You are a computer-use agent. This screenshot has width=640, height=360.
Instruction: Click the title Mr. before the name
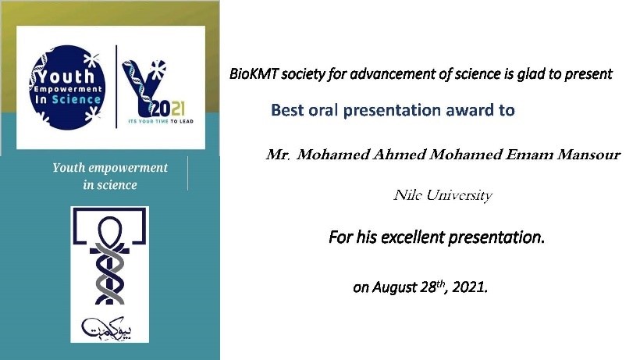pos(278,155)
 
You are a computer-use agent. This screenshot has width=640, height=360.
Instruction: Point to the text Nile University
pos(443,195)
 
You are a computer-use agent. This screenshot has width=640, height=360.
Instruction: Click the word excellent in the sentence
pos(412,237)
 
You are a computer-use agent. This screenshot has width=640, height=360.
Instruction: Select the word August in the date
pos(393,287)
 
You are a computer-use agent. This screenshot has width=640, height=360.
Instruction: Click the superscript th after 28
pos(441,283)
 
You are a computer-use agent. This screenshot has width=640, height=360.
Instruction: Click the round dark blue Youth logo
pos(68,87)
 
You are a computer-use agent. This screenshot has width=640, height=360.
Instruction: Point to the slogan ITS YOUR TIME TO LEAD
pos(161,121)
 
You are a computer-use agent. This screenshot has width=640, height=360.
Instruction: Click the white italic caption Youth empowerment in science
pos(110,176)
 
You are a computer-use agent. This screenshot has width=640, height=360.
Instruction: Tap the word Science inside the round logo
pos(76,100)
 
